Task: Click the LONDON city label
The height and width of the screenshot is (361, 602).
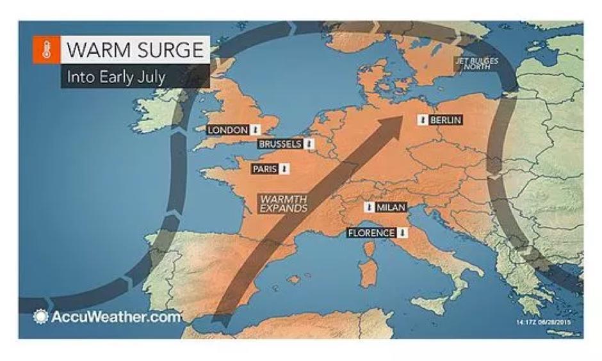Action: [x=228, y=130]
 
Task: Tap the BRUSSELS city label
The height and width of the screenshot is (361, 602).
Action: [x=280, y=144]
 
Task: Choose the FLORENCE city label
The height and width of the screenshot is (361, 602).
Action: [x=371, y=232]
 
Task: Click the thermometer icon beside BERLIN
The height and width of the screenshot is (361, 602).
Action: [x=423, y=120]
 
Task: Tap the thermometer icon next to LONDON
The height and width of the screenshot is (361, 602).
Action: [x=255, y=130]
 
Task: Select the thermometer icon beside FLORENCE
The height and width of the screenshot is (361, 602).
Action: [x=402, y=232]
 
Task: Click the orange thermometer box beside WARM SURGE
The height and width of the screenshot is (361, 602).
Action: [x=46, y=51]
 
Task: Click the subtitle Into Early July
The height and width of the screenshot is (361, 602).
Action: [x=117, y=77]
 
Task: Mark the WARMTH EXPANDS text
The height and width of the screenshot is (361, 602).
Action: [x=284, y=204]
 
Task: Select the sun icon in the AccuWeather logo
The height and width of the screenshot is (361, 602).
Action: [x=42, y=316]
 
